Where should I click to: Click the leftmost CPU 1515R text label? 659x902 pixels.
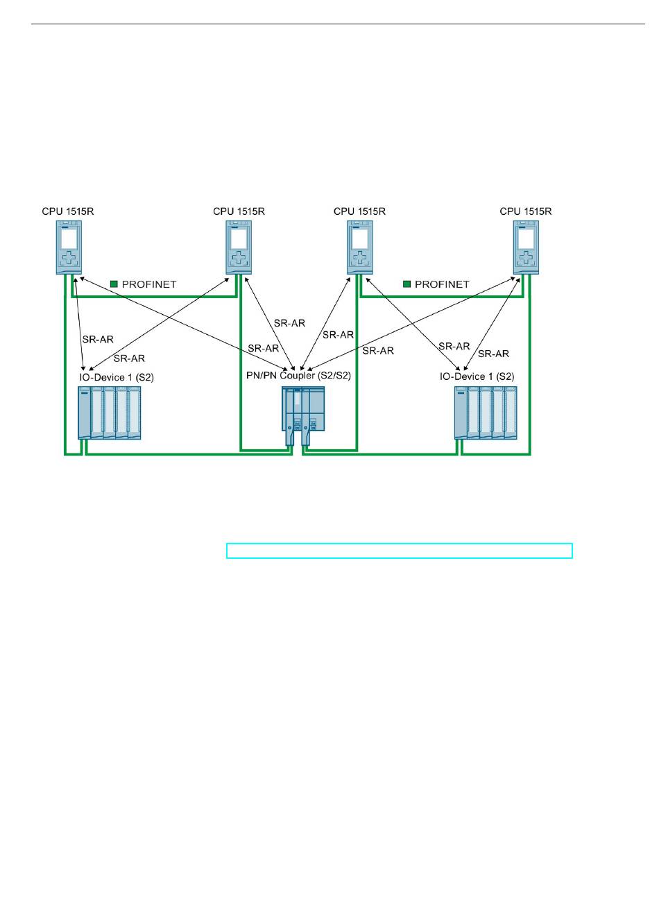coord(68,211)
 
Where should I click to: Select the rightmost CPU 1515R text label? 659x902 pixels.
coord(525,211)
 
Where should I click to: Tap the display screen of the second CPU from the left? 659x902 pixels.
coord(239,239)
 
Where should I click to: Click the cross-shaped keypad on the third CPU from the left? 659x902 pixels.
coord(360,258)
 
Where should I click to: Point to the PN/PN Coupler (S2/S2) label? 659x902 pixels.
coord(298,375)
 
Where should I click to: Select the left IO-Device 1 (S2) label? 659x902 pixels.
coord(117,377)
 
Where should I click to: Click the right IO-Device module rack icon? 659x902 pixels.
coord(486,413)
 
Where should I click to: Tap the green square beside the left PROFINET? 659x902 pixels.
coord(114,284)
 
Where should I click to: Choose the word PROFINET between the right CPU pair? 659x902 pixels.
coord(442,284)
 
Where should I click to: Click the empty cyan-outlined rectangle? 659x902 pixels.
coord(399,550)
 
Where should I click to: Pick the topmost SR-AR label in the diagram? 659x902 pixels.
coord(289,323)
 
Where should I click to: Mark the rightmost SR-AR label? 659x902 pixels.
coord(493,354)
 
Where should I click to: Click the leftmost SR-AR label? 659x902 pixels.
coord(98,340)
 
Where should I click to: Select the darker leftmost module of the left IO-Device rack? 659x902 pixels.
coord(84,413)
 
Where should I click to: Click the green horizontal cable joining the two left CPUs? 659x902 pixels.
coord(154,297)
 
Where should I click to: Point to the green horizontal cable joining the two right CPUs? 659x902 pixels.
coord(443,297)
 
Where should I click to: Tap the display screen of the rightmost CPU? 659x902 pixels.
coord(526,239)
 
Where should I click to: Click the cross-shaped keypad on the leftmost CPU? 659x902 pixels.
coord(69,258)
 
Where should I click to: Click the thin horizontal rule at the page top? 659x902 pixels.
coord(338,24)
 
